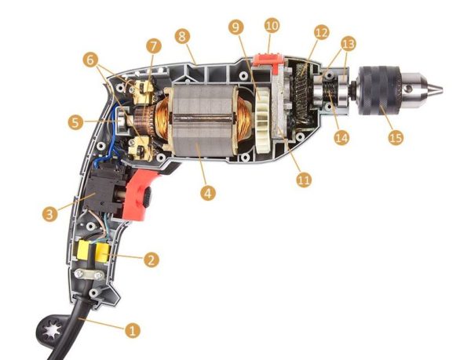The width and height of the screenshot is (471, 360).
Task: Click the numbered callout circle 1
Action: [132, 330]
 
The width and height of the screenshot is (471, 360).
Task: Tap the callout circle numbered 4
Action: [208, 193]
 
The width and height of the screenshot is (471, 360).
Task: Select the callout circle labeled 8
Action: [182, 36]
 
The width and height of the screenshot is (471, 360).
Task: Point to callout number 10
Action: [272, 26]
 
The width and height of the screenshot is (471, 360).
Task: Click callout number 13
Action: [348, 44]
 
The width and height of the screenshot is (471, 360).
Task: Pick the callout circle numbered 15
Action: [396, 137]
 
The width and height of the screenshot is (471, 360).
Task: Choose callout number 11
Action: [304, 180]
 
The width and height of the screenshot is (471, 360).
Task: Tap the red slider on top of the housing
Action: [268, 61]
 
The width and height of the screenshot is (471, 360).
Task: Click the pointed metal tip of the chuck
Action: [437, 88]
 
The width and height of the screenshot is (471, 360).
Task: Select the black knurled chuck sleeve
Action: [379, 90]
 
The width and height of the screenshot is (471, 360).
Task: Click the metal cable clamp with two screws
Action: [89, 275]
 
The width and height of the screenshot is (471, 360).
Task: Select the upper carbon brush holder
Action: [142, 89]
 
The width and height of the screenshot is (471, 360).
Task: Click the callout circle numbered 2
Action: [151, 260]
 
